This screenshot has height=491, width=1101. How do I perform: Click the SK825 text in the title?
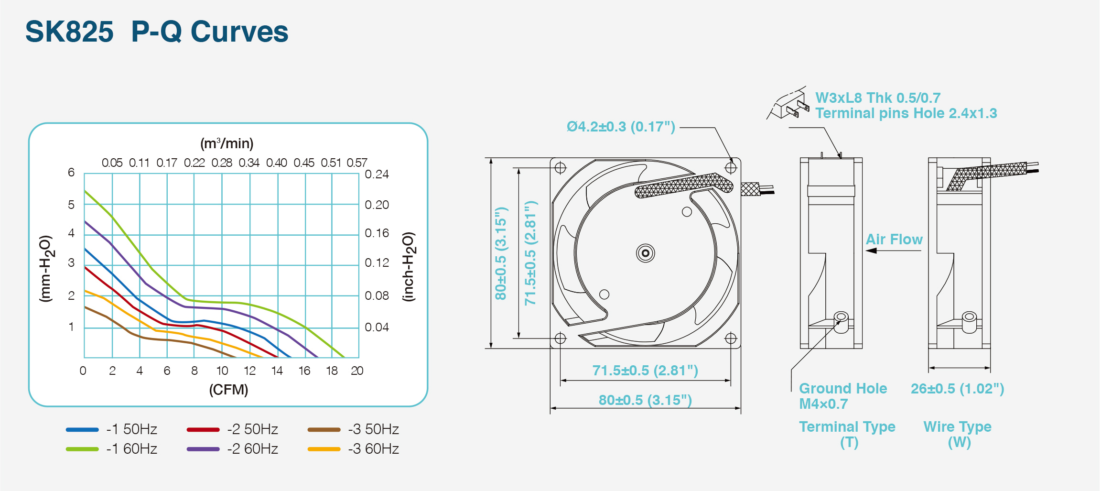pyautogui.click(x=69, y=32)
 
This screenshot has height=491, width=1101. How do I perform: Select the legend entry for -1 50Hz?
pyautogui.click(x=111, y=429)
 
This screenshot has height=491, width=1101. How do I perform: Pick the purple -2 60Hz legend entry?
pyautogui.click(x=232, y=449)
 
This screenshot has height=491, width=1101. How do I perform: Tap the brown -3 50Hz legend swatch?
pyautogui.click(x=324, y=429)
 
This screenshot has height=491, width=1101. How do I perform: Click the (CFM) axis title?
pyautogui.click(x=228, y=390)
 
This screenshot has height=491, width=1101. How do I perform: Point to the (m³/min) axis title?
pyautogui.click(x=227, y=143)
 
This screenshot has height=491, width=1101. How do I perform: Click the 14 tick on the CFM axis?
pyautogui.click(x=277, y=371)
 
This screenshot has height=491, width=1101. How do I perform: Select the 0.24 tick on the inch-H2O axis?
pyautogui.click(x=377, y=174)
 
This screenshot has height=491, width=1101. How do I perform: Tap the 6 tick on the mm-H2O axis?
pyautogui.click(x=71, y=172)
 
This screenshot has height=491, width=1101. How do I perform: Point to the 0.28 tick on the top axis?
pyautogui.click(x=222, y=163)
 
